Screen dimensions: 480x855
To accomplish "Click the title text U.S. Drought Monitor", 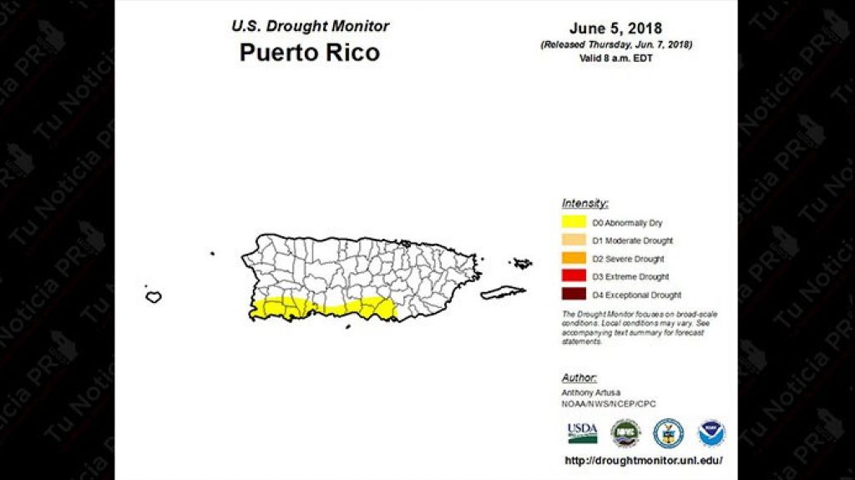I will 310,26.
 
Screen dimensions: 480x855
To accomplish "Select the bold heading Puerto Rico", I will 309,53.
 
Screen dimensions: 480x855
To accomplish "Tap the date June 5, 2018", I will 615,29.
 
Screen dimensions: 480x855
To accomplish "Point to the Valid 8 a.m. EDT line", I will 615,58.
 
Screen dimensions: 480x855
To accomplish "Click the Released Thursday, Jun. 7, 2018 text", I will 615,44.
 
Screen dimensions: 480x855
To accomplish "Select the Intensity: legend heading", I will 584,203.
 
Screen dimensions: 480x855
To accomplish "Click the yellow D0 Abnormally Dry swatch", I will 574,223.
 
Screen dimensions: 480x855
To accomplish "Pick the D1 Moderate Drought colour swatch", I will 574,240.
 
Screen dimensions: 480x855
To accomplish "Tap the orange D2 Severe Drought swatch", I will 574,259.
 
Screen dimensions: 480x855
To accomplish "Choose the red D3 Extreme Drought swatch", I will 574,276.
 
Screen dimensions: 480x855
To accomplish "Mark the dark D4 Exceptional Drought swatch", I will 574,295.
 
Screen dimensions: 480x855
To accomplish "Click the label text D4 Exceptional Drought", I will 636,295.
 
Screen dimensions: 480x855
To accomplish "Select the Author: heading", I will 579,377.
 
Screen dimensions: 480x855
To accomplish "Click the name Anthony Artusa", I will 591,392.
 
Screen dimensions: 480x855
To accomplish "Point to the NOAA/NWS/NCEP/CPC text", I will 609,404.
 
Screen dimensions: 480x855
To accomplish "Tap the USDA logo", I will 582,432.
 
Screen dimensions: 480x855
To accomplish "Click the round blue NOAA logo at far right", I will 711,432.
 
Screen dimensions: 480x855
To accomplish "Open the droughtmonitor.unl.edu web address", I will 643,460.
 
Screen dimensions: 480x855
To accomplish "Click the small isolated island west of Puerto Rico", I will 154,296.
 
